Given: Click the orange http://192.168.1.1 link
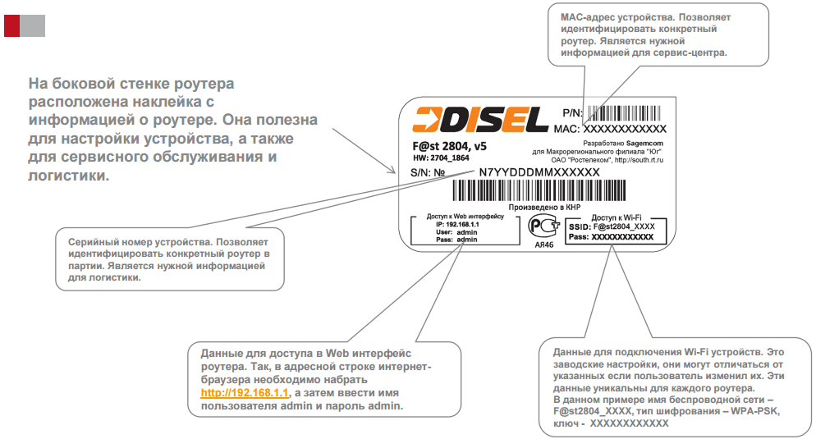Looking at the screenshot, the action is pyautogui.click(x=245, y=393).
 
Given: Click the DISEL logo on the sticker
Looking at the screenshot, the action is pyautogui.click(x=480, y=120).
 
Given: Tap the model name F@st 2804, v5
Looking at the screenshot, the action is pyautogui.click(x=449, y=146).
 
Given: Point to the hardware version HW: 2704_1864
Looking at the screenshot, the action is pyautogui.click(x=442, y=158).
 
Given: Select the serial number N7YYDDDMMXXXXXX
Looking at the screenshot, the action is pyautogui.click(x=539, y=172).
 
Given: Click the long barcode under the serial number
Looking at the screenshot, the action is pyautogui.click(x=539, y=190).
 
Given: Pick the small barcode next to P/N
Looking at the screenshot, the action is pyautogui.click(x=624, y=113).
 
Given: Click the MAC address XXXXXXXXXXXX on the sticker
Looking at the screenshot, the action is pyautogui.click(x=625, y=129).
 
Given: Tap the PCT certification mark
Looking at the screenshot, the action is pyautogui.click(x=543, y=226).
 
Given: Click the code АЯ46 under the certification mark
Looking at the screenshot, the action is pyautogui.click(x=544, y=245).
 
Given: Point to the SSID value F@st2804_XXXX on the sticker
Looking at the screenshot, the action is pyautogui.click(x=624, y=226).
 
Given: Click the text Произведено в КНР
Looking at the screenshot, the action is pyautogui.click(x=544, y=207).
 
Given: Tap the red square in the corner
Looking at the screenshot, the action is pyautogui.click(x=12, y=26).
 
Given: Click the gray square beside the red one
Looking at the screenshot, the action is pyautogui.click(x=32, y=26).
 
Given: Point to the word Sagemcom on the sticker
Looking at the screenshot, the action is pyautogui.click(x=644, y=143).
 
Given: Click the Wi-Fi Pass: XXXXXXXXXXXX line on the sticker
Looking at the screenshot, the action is pyautogui.click(x=611, y=237).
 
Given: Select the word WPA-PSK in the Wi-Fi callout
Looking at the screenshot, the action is pyautogui.click(x=755, y=411).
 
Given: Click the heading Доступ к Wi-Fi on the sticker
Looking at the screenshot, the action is pyautogui.click(x=617, y=217).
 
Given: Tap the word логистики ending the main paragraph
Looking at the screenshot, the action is pyautogui.click(x=69, y=176).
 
